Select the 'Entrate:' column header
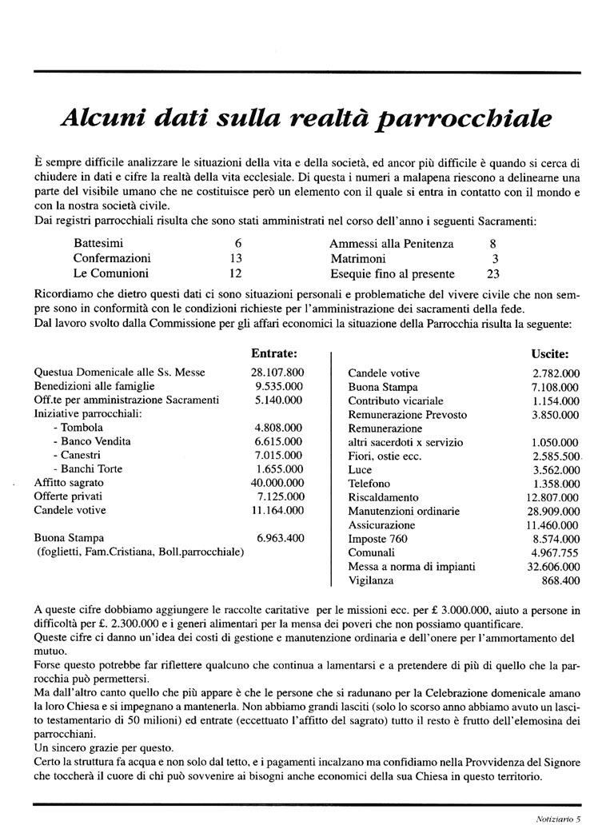(274, 352)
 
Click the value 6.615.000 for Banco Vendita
(279, 440)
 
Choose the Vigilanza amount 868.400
(560, 580)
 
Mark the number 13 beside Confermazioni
(236, 258)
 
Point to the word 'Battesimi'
(98, 243)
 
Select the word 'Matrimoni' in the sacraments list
(357, 258)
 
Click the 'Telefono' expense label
(369, 483)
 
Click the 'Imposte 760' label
(377, 539)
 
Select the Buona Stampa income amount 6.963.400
(281, 538)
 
